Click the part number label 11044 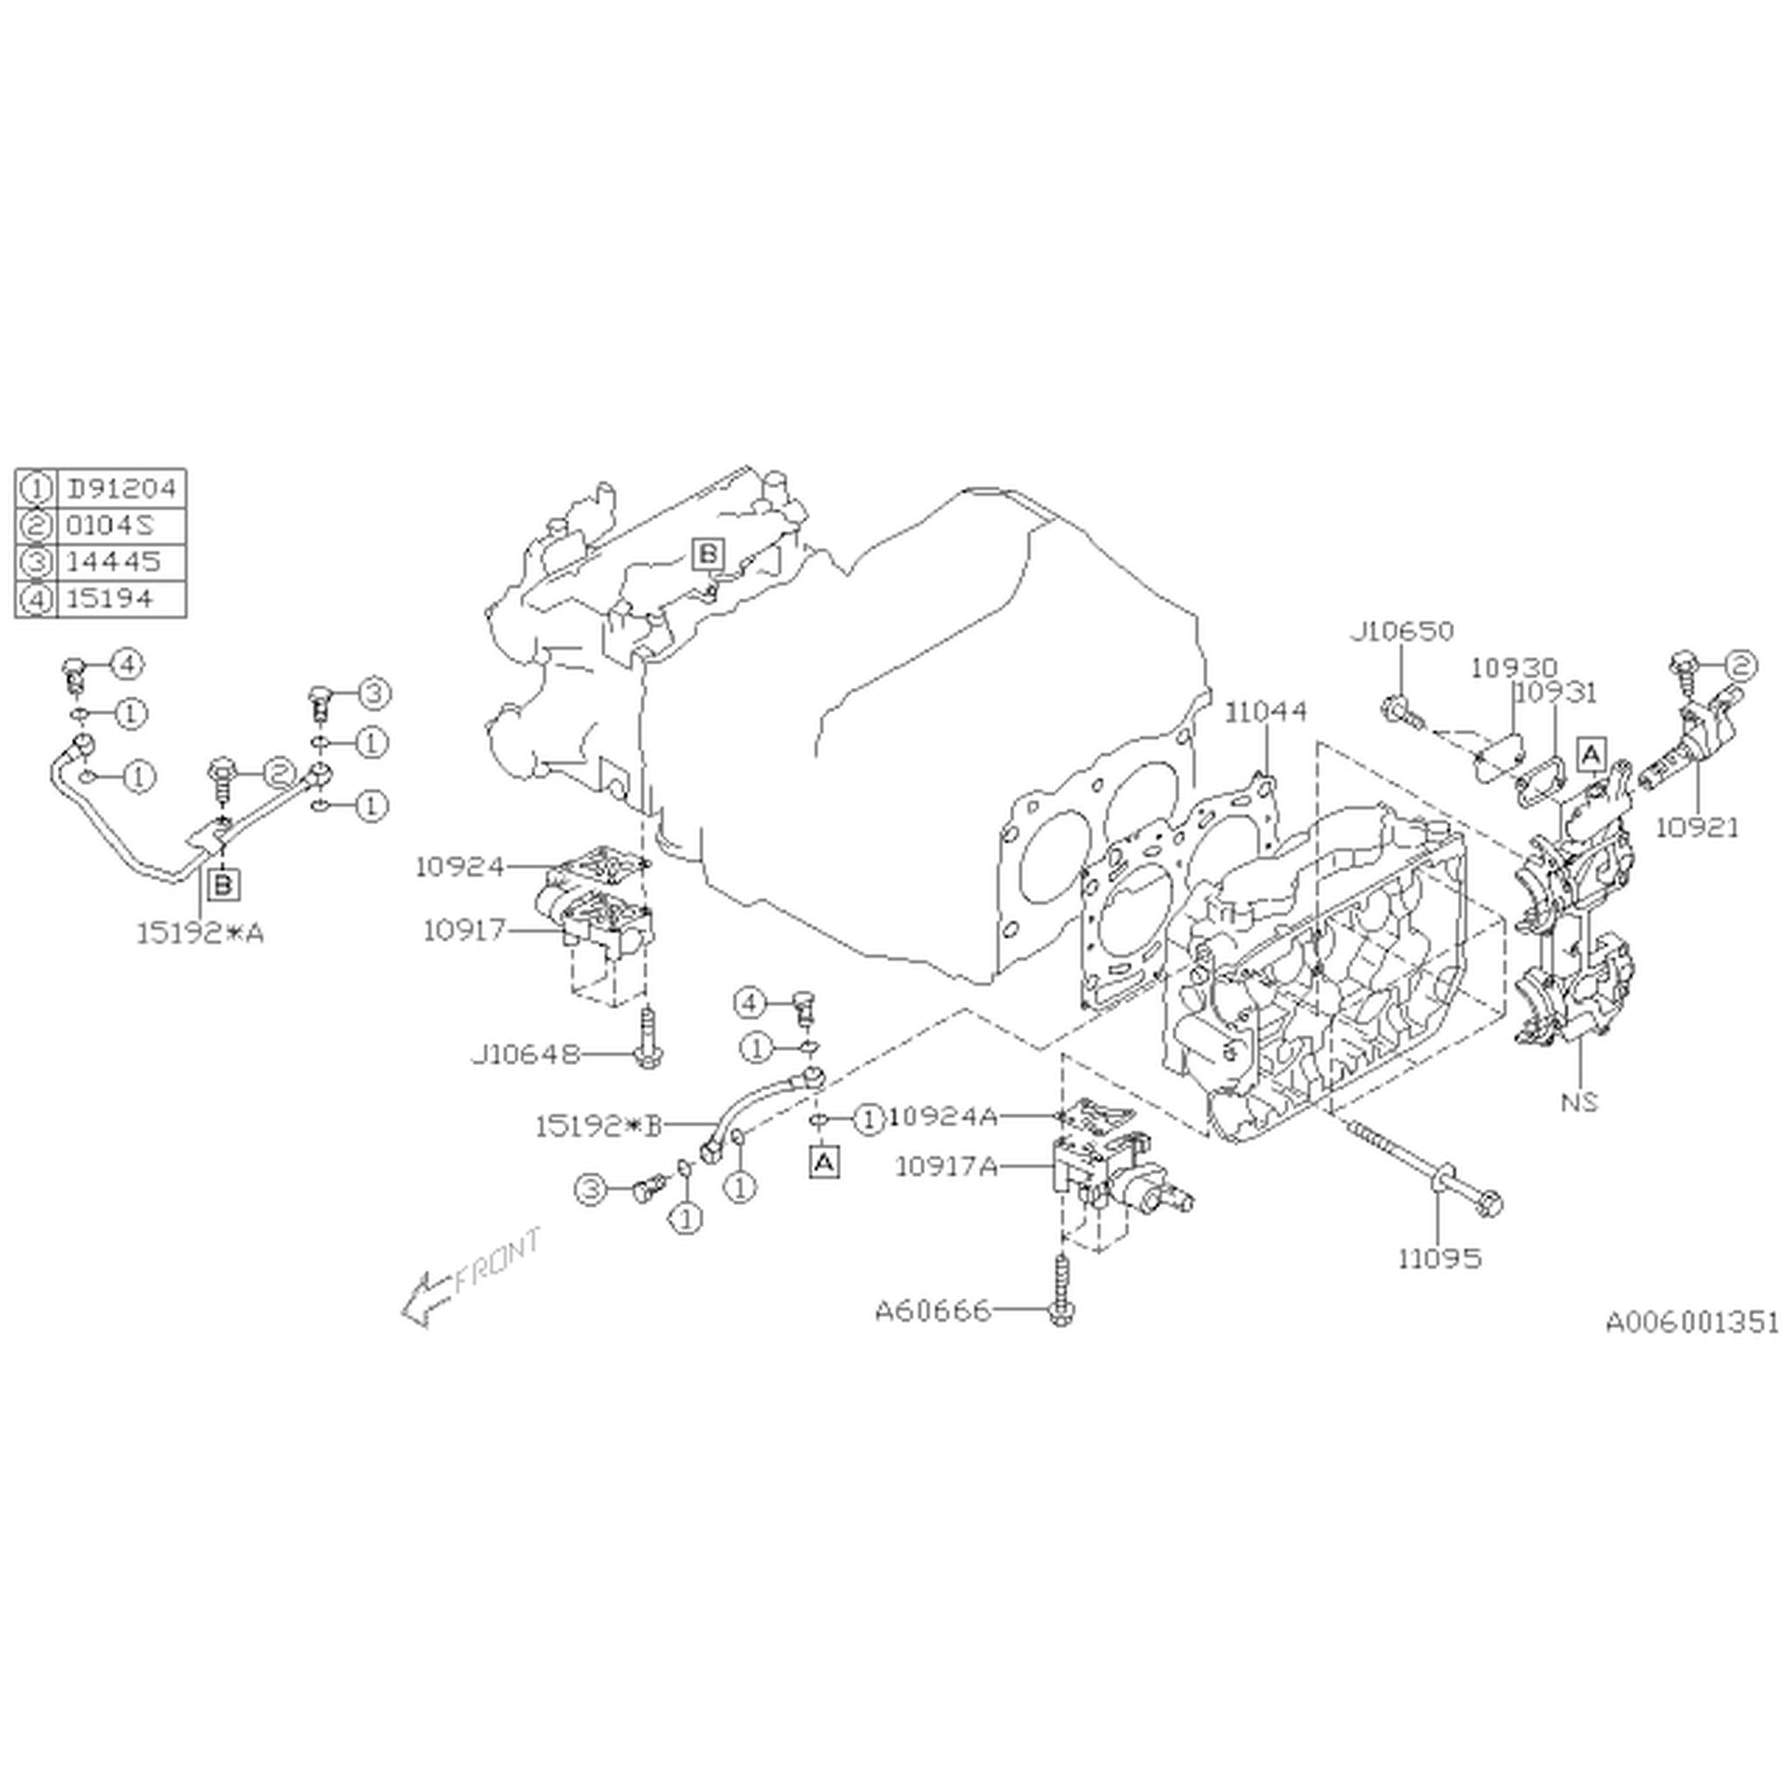pyautogui.click(x=1265, y=711)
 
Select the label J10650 pyautogui.click(x=1401, y=632)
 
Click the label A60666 pyautogui.click(x=932, y=1312)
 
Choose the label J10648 pyautogui.click(x=525, y=1054)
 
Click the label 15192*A pyautogui.click(x=200, y=933)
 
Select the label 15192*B pyautogui.click(x=598, y=1127)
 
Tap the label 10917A pyautogui.click(x=946, y=1165)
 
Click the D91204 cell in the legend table pyautogui.click(x=121, y=488)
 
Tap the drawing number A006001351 pyautogui.click(x=1692, y=1322)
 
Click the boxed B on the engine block pyautogui.click(x=708, y=554)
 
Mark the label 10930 pyautogui.click(x=1514, y=668)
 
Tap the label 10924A pyautogui.click(x=943, y=1116)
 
